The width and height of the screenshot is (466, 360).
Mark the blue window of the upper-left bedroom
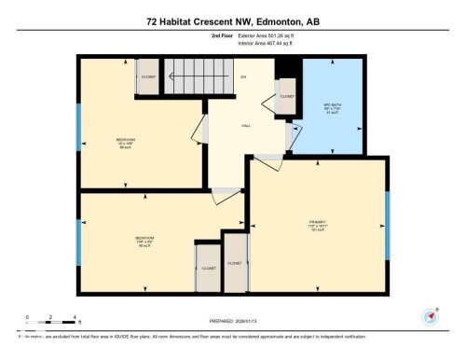77,127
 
